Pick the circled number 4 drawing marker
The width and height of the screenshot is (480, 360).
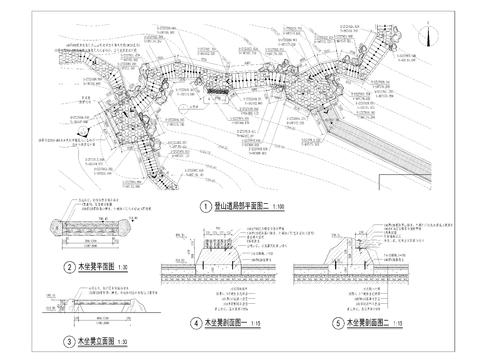pyautogui.click(x=196, y=323)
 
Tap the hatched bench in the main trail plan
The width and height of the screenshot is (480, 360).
pyautogui.click(x=216, y=96)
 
